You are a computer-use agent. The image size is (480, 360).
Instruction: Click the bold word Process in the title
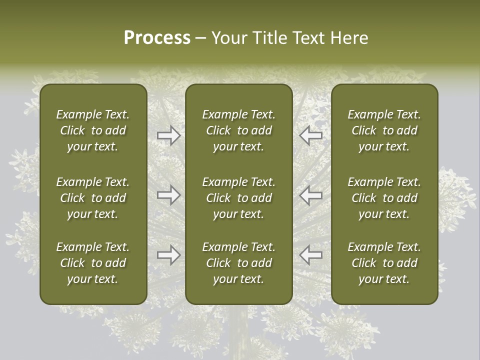157,38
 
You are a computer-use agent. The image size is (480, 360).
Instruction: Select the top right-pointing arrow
169,135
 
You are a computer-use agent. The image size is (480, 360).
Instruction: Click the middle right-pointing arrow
169,195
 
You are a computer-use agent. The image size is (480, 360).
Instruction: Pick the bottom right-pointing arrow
169,255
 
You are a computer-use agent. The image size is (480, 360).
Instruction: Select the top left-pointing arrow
310,135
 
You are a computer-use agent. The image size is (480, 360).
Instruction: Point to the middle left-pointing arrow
310,195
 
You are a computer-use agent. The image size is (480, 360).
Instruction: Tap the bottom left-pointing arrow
310,255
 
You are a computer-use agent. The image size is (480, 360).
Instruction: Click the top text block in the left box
93,130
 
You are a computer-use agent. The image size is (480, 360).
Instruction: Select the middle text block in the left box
93,198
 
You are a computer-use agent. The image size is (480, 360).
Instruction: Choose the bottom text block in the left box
93,263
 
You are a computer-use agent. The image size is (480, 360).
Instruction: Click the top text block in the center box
238,130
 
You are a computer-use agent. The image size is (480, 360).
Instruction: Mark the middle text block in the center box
238,198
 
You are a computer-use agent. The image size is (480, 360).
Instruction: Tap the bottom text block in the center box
238,263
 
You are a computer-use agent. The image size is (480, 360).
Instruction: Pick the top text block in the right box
384,130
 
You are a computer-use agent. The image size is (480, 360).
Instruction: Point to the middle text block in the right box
384,198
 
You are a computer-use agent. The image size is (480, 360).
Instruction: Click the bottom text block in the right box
384,263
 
